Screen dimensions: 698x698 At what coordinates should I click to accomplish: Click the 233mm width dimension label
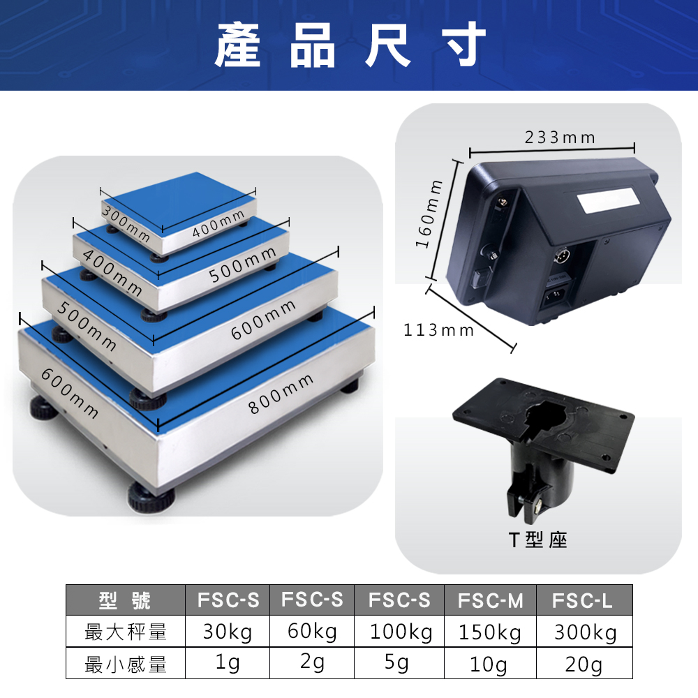point(560,137)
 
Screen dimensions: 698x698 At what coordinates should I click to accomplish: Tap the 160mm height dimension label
point(429,214)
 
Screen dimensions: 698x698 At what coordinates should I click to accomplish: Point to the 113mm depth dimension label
point(438,330)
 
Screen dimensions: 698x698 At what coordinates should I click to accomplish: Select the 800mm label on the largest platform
point(281,394)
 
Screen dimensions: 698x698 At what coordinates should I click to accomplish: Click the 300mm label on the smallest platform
point(126,223)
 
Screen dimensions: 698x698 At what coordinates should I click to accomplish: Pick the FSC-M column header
point(490,600)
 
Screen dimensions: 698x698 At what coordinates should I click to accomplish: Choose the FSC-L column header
point(582,600)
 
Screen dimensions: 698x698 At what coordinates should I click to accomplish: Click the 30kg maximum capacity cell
point(227,632)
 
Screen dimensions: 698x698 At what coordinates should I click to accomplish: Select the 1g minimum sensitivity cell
point(228,663)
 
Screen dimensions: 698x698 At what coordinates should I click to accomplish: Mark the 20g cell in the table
point(584,664)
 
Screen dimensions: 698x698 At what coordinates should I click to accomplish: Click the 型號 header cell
point(125,600)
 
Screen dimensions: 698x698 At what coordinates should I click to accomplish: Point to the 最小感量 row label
point(126,664)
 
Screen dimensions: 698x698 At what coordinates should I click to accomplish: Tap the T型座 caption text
point(537,540)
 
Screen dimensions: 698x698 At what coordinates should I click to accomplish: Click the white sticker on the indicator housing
point(608,200)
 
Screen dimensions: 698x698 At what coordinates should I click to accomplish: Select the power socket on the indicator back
point(556,295)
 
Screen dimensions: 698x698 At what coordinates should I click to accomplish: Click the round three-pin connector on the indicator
point(561,255)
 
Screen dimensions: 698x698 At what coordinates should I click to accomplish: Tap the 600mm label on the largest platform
point(70,394)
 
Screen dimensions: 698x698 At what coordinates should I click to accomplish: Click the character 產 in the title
point(238,45)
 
